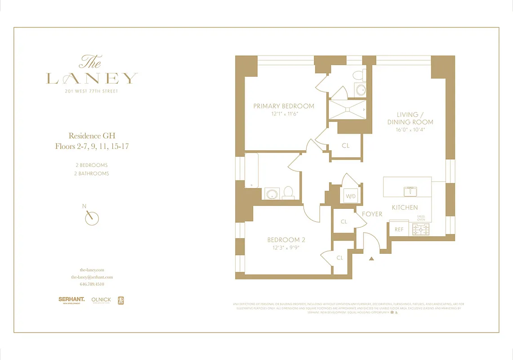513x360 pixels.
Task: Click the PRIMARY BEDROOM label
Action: (284, 106)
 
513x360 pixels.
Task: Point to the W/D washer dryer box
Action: (351, 196)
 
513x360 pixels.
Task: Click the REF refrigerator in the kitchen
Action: (399, 229)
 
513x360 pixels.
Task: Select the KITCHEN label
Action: (405, 207)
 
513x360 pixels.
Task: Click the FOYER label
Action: (372, 214)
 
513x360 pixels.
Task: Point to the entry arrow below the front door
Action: (371, 258)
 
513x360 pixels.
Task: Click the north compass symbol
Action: (92, 217)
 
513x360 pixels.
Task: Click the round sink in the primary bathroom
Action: (361, 89)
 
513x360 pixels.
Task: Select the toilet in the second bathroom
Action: (288, 193)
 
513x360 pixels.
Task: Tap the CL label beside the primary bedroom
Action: (345, 146)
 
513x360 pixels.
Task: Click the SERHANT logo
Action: (71, 299)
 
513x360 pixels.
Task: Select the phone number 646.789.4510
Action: (92, 284)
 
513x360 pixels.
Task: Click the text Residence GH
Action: (92, 135)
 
